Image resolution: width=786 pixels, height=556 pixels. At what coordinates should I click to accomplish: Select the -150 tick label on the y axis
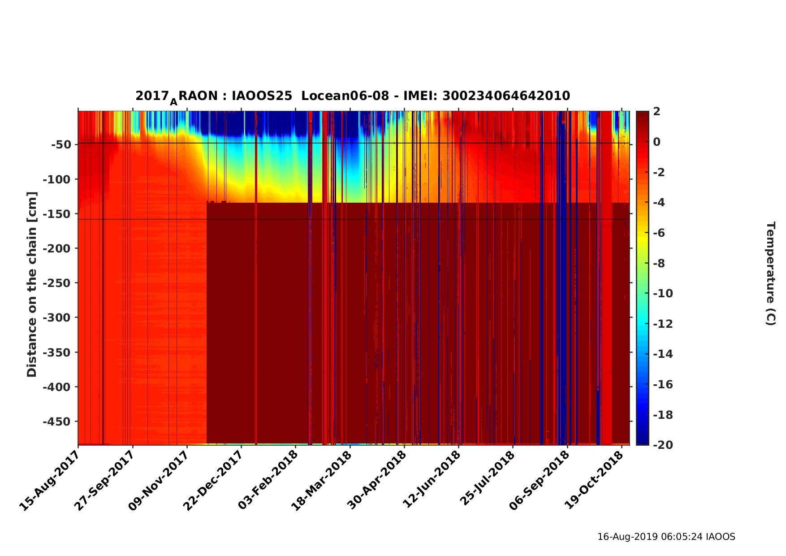click(56, 214)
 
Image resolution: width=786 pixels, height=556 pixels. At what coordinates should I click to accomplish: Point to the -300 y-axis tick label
click(56, 317)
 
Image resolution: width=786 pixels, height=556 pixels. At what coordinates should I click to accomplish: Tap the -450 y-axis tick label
click(56, 421)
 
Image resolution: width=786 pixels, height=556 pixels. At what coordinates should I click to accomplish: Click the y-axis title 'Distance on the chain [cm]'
click(31, 284)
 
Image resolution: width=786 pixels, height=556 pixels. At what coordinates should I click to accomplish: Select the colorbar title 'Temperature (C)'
click(770, 274)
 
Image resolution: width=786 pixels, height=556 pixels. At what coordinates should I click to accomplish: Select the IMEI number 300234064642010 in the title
click(506, 96)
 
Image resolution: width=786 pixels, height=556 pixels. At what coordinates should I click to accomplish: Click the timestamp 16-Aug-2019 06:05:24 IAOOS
click(666, 537)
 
